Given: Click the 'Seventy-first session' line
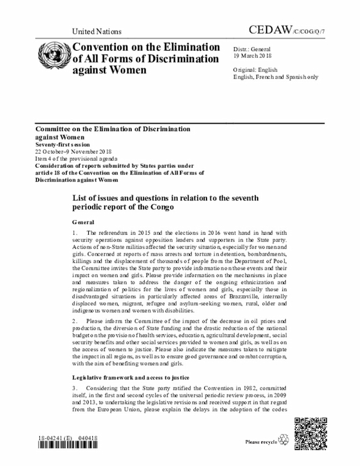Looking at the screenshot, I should click(65, 145).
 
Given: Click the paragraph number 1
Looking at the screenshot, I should click(74, 233).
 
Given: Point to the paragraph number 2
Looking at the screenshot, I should click(74, 321).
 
